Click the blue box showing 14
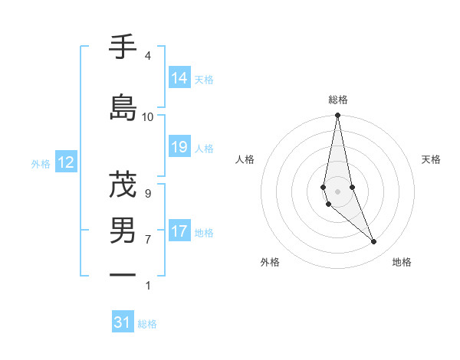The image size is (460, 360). click(179, 78)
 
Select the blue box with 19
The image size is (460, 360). click(179, 147)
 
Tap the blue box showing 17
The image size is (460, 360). click(179, 231)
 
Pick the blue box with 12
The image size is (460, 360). click(65, 162)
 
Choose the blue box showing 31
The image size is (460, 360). click(123, 322)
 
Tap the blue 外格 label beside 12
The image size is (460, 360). click(41, 163)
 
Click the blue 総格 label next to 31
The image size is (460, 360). click(147, 324)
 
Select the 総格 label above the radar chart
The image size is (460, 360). click(338, 100)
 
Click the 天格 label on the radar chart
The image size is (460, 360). click(431, 159)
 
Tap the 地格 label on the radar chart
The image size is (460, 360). click(402, 262)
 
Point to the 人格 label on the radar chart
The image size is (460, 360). click(245, 159)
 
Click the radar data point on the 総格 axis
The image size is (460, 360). click(337, 116)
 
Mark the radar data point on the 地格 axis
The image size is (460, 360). click(374, 242)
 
